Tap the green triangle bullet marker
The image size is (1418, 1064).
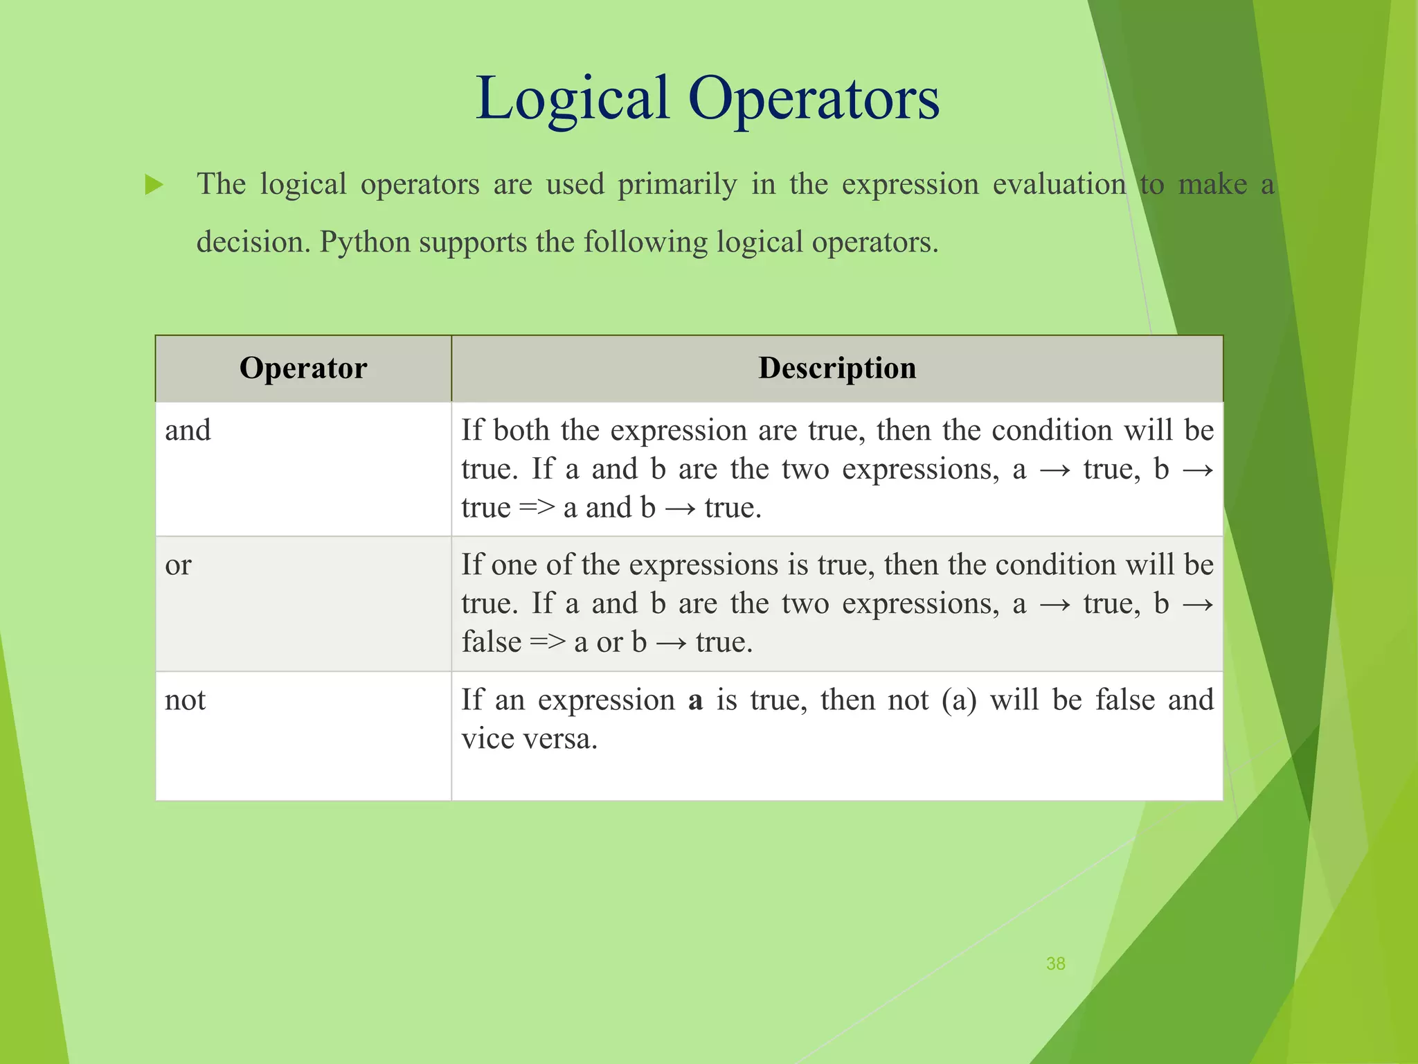(x=154, y=185)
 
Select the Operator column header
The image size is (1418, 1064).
(x=303, y=368)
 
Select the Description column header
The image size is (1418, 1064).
(x=837, y=368)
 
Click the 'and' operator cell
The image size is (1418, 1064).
(x=188, y=431)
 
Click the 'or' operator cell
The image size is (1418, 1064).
(x=178, y=565)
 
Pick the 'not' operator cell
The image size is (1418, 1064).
(x=185, y=700)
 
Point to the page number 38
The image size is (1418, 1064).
(x=1055, y=964)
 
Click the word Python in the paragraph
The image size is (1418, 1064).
(x=365, y=242)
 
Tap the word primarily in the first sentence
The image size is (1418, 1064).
(x=677, y=185)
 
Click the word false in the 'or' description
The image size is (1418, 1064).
(x=492, y=642)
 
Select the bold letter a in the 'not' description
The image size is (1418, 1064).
(x=695, y=700)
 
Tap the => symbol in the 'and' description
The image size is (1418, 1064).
(x=537, y=508)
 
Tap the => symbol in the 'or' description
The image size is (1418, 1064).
(x=547, y=642)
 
